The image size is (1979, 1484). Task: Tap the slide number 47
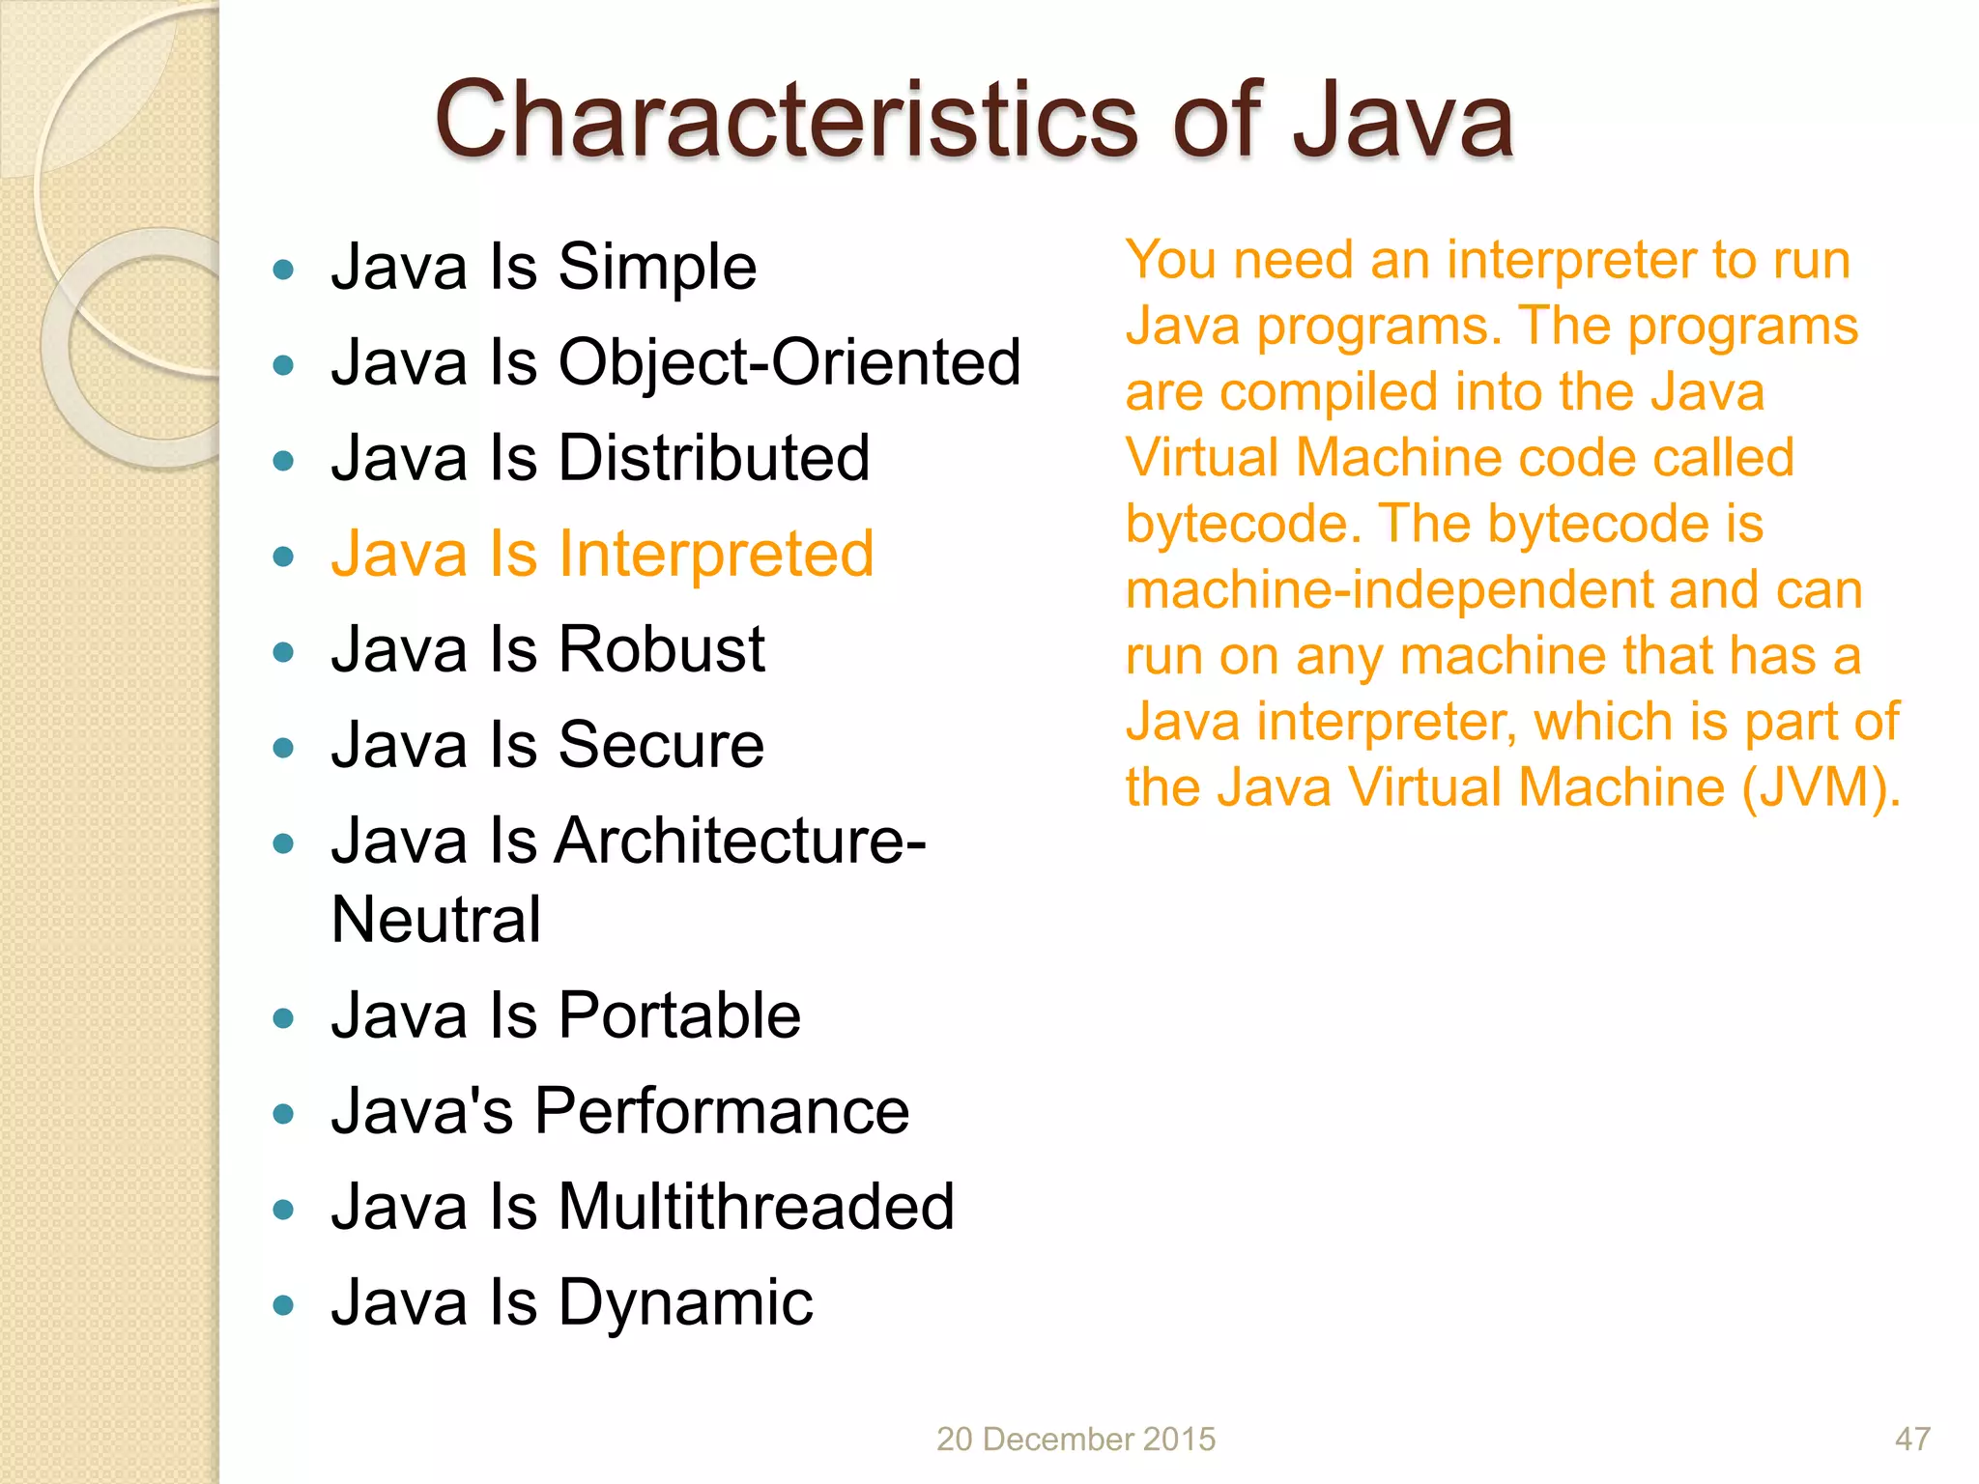tap(1912, 1439)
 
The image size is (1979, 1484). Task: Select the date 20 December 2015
tap(1076, 1439)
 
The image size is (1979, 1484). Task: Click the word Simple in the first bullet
tap(657, 267)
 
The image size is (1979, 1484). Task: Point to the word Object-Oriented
tap(789, 362)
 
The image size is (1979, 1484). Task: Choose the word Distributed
tap(714, 458)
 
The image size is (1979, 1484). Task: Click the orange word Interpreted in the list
tap(716, 554)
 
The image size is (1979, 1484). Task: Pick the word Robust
tap(662, 649)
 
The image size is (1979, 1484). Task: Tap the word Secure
tap(661, 745)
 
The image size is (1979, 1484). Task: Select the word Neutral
tap(436, 919)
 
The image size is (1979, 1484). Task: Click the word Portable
tap(679, 1015)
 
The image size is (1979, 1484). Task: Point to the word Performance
tap(722, 1111)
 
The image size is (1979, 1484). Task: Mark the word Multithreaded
tap(757, 1207)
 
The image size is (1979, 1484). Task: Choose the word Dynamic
tap(686, 1302)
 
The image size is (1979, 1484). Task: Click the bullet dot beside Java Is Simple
tap(283, 270)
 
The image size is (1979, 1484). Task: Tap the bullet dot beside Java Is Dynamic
tap(283, 1306)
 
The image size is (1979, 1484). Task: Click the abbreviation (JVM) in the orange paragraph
tap(1821, 787)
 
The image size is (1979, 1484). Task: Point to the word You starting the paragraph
tap(1170, 261)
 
